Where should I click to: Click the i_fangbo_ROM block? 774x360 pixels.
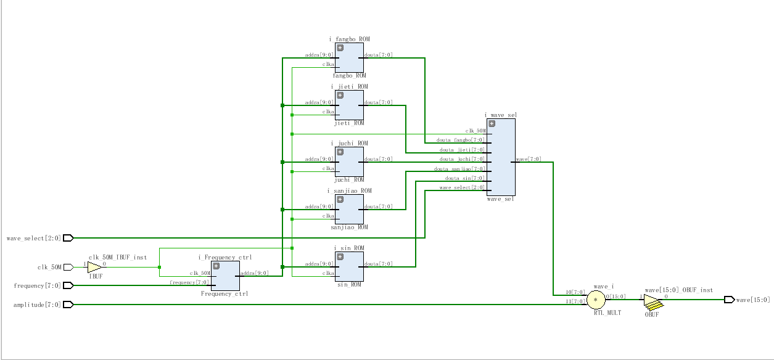pyautogui.click(x=349, y=57)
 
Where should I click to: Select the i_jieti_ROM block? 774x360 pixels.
pyautogui.click(x=349, y=105)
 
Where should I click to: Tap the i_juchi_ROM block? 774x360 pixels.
pyautogui.click(x=349, y=162)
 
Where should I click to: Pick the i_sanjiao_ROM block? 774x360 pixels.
pyautogui.click(x=349, y=209)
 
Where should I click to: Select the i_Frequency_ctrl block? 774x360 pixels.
pyautogui.click(x=225, y=276)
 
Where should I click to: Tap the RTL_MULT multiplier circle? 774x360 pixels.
pyautogui.click(x=596, y=300)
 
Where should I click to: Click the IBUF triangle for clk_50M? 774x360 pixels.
pyautogui.click(x=94, y=267)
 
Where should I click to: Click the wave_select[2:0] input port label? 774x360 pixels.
pyautogui.click(x=34, y=238)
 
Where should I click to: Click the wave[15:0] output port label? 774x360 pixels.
pyautogui.click(x=753, y=300)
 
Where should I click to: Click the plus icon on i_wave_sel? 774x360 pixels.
pyautogui.click(x=492, y=123)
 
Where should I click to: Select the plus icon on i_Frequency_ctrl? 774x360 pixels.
pyautogui.click(x=216, y=266)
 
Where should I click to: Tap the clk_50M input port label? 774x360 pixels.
pyautogui.click(x=49, y=267)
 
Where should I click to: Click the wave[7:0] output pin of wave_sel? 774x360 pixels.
pyautogui.click(x=528, y=159)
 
